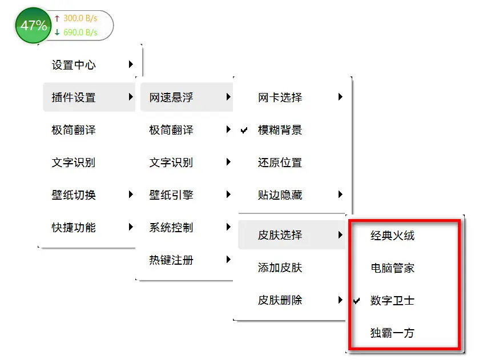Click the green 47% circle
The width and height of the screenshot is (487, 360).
(x=34, y=25)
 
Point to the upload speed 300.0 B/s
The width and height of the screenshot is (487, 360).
(x=80, y=18)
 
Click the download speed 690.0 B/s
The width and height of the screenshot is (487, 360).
(x=80, y=33)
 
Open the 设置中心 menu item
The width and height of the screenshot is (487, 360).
(x=74, y=65)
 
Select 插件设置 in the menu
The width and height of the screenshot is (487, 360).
(x=74, y=98)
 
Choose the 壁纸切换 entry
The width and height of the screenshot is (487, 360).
(x=74, y=195)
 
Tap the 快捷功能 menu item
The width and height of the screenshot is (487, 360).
(x=74, y=228)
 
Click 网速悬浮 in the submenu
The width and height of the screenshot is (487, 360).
(x=171, y=98)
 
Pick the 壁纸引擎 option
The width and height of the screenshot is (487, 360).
(x=171, y=195)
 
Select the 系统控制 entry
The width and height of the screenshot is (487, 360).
(x=171, y=228)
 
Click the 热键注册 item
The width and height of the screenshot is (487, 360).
(x=171, y=260)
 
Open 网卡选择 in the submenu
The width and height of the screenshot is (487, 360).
(x=280, y=98)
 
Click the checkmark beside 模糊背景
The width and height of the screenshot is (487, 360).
(x=244, y=131)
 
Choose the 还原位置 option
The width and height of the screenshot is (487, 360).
(x=280, y=163)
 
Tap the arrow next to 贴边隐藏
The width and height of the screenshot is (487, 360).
(x=340, y=195)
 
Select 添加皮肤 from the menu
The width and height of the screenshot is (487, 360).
(x=280, y=268)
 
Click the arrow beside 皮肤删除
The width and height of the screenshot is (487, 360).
(x=340, y=300)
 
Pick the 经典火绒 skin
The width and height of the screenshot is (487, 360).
(x=392, y=235)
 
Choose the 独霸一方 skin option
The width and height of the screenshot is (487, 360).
(x=392, y=333)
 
